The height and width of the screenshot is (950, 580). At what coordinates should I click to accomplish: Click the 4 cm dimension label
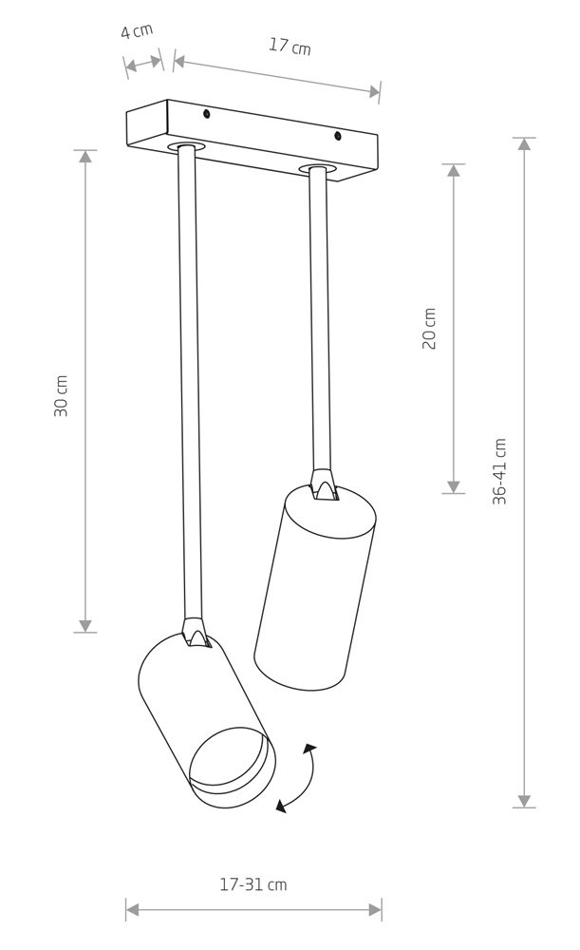click(137, 30)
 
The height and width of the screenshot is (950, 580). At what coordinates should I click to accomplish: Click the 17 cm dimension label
click(290, 46)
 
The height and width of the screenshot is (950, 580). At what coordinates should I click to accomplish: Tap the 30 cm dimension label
click(61, 396)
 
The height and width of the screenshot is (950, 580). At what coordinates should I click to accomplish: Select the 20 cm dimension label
click(429, 329)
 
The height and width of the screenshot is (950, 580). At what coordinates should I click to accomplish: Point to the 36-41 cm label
click(499, 471)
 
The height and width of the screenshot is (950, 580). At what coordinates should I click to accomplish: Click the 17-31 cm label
click(253, 884)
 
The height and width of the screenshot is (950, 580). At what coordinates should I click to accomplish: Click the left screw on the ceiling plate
click(207, 113)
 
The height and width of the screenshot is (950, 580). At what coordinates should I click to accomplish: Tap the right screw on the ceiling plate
click(338, 136)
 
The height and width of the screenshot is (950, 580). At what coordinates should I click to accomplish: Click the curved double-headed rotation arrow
click(301, 780)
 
